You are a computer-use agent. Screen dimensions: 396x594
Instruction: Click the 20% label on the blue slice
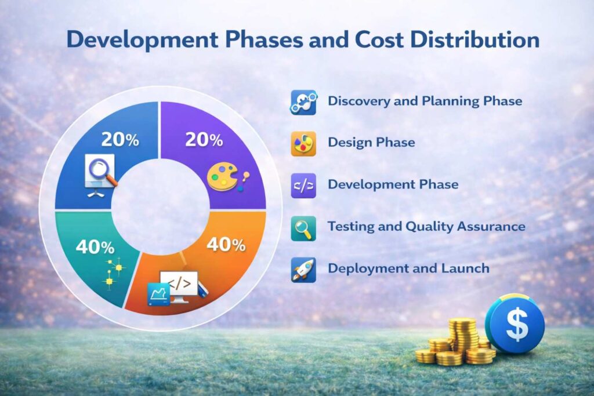(x=120, y=140)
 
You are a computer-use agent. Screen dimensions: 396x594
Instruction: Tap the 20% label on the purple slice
(x=203, y=140)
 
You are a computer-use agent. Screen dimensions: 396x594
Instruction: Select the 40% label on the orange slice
(x=226, y=244)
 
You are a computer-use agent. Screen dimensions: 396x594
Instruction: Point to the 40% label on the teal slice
(x=95, y=247)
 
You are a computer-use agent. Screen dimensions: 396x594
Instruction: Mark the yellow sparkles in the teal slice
(x=114, y=273)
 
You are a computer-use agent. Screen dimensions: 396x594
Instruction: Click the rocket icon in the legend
(x=303, y=270)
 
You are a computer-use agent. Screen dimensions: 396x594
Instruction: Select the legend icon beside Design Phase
(x=303, y=143)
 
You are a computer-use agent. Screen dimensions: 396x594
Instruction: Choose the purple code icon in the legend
(x=303, y=186)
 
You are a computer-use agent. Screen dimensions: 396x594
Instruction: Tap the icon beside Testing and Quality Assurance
(x=303, y=228)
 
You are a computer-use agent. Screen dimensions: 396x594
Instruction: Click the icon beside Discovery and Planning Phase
(x=303, y=102)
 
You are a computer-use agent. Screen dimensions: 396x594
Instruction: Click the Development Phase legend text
(x=393, y=185)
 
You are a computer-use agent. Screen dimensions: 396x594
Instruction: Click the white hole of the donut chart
(x=161, y=208)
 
